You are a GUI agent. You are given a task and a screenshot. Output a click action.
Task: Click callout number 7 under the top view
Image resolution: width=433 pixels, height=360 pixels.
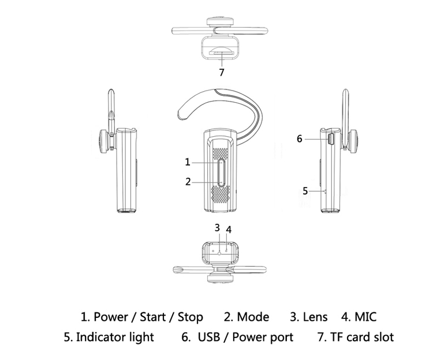[x=221, y=72]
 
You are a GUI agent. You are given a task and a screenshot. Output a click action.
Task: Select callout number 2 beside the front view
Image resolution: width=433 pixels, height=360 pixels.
[x=188, y=181]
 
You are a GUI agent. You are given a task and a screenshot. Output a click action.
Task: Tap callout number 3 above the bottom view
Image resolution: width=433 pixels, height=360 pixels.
[x=217, y=227]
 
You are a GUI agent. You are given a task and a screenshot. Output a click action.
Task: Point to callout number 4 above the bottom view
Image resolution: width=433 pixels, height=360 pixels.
[x=229, y=230]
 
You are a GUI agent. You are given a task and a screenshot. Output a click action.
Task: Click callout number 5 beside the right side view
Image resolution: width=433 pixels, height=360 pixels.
[x=305, y=191]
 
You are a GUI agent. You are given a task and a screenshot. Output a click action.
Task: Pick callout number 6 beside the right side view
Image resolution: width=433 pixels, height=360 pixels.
[x=300, y=138]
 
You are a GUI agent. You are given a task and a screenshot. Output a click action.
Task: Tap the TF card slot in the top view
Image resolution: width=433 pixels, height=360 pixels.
[x=221, y=52]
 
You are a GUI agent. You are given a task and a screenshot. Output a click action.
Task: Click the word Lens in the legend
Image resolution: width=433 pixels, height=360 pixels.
[x=315, y=317]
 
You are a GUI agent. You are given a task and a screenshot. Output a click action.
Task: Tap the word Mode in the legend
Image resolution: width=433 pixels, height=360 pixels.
[x=254, y=317]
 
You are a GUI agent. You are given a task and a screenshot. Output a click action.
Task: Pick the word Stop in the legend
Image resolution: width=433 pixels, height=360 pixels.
[x=190, y=317]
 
